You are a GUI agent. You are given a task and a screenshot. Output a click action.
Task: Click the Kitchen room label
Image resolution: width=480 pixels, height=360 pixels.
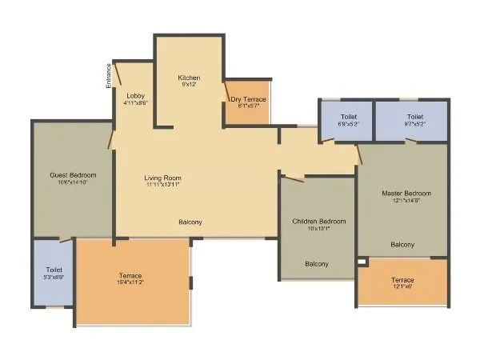click(189, 78)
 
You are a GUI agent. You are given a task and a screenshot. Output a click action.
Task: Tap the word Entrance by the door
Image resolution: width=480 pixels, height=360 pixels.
click(109, 75)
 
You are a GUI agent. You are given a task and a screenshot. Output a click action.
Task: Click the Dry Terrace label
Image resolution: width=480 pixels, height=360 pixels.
click(248, 99)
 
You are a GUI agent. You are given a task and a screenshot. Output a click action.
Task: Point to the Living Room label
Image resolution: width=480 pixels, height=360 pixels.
click(162, 178)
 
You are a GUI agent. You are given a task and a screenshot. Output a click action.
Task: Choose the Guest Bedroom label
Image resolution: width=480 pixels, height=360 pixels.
click(73, 175)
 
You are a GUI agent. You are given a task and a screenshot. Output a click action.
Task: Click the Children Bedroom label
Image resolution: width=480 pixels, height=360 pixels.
click(318, 221)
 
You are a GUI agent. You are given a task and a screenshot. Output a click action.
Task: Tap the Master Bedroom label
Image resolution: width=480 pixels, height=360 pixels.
click(406, 194)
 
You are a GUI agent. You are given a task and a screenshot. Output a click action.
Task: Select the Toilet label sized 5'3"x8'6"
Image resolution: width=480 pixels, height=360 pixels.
click(54, 270)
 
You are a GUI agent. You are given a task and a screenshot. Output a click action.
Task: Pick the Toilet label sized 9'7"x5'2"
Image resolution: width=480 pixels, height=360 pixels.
click(414, 117)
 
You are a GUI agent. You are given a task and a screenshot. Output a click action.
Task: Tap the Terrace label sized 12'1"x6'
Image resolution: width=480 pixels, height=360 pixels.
click(402, 280)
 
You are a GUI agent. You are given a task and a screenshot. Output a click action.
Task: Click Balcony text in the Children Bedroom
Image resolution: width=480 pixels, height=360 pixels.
click(317, 263)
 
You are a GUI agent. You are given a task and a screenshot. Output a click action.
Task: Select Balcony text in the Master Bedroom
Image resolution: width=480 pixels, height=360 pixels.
click(402, 244)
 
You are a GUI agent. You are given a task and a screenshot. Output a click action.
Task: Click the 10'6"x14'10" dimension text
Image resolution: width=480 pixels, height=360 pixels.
click(73, 182)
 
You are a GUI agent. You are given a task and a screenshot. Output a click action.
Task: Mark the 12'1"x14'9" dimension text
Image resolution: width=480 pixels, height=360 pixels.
click(406, 202)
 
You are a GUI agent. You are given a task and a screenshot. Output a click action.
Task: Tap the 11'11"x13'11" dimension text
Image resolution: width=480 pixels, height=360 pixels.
click(162, 185)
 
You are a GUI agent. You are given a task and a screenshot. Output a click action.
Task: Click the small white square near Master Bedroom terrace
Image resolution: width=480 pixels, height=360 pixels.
click(362, 262)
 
